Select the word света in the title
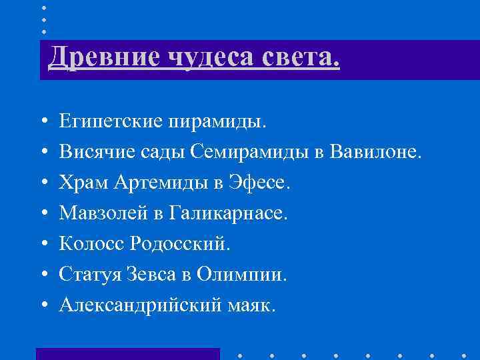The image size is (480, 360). click(298, 57)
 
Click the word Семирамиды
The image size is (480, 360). click(250, 153)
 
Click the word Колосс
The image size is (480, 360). click(86, 243)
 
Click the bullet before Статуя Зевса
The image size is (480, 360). click(43, 274)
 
